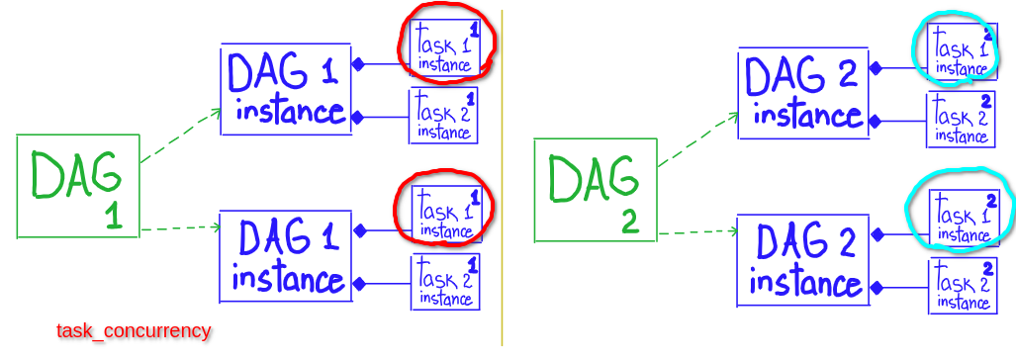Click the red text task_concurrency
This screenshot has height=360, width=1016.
click(x=134, y=330)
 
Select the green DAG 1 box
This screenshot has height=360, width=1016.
click(x=77, y=188)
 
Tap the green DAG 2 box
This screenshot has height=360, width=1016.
click(x=595, y=190)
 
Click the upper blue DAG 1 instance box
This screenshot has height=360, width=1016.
click(x=286, y=88)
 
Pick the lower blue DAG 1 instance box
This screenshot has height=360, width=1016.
click(x=286, y=256)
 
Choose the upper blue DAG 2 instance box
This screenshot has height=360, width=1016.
click(x=803, y=94)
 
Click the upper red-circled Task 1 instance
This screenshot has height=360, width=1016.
click(x=444, y=46)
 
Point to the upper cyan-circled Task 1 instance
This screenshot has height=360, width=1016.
click(x=961, y=50)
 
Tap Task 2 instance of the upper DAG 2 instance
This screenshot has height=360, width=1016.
click(x=960, y=121)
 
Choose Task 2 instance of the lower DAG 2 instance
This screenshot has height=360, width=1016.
click(x=961, y=287)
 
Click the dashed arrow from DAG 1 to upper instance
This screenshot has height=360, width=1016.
click(x=181, y=135)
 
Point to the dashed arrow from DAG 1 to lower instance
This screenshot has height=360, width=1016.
click(x=181, y=228)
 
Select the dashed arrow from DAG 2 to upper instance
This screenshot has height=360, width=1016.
click(x=697, y=139)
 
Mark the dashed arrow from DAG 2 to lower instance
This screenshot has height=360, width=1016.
click(x=697, y=233)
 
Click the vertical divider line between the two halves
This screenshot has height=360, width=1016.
click(x=503, y=178)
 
